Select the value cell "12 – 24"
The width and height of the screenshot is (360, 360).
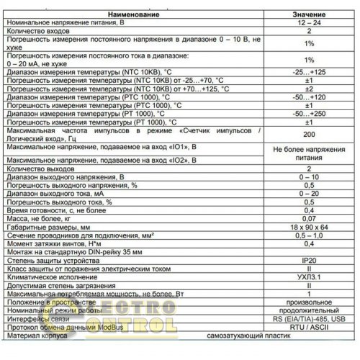click(307, 23)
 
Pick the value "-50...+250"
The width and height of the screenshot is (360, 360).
click(307, 113)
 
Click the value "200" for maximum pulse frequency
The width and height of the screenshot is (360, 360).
click(307, 135)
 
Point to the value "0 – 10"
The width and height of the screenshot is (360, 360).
click(307, 175)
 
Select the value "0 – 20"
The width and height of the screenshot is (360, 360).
click(307, 193)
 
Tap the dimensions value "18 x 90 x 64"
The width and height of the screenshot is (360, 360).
click(307, 227)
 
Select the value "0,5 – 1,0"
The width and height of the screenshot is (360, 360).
click(307, 236)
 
